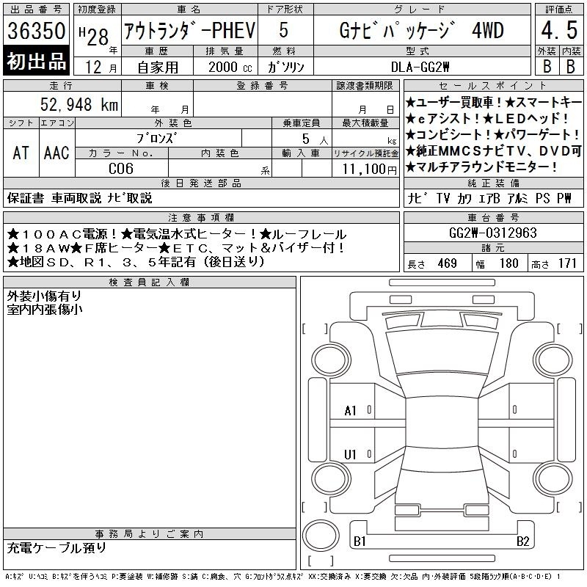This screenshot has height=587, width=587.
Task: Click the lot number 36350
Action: coord(36,30)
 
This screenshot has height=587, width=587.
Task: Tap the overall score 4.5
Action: coord(559,30)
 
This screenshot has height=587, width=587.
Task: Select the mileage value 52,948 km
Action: coord(79,105)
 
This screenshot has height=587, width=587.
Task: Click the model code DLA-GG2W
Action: coord(420,67)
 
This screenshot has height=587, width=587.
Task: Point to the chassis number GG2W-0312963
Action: coord(492,233)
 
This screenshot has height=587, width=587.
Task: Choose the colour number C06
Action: coord(121,169)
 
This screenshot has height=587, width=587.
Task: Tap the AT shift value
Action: coord(21,153)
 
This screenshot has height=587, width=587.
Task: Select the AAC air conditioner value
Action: coord(56,153)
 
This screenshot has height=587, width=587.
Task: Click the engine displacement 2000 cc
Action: coord(230,67)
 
